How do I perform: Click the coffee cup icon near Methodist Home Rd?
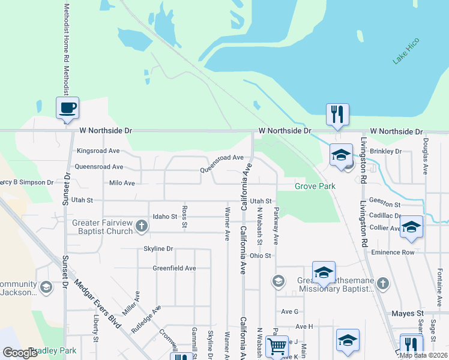coord(67,109)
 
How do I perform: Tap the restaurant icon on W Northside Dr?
coord(337,114)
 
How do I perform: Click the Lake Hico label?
coord(406,51)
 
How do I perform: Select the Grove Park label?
coord(315,186)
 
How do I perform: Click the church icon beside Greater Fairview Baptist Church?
coord(142,226)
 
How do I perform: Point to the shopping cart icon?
coord(276,346)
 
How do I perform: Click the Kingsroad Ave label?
coord(98,151)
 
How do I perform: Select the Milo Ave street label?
coord(122,182)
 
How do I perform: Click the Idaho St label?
coord(165,216)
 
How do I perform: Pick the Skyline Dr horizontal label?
coord(158,248)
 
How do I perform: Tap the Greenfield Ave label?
coord(174,268)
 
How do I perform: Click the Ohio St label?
coord(261,256)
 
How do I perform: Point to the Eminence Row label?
coord(393,252)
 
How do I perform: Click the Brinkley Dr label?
coord(385,151)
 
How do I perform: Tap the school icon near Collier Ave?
coord(411,227)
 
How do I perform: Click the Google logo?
coord(20,352)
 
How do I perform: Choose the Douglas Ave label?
coord(425,156)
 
